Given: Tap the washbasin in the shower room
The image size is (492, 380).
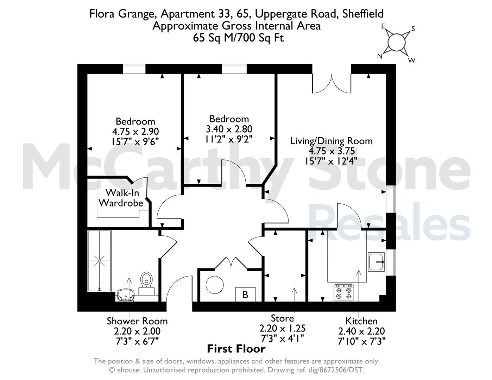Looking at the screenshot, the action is [x=126, y=295].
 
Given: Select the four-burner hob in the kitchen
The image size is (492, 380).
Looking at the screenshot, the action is [x=344, y=292].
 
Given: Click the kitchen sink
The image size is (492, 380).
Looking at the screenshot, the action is [x=376, y=262].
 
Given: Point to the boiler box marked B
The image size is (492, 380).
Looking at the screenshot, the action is [x=245, y=294].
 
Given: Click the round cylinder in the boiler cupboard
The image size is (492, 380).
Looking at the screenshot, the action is [x=215, y=285].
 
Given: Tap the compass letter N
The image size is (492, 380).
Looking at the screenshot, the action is [x=380, y=56].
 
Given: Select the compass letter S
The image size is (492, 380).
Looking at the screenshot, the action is [x=413, y=29].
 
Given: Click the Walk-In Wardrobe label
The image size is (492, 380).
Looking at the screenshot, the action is [x=121, y=198].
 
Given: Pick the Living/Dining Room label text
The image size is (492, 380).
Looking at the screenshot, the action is [x=332, y=141].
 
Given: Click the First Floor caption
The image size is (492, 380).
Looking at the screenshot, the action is [x=236, y=349].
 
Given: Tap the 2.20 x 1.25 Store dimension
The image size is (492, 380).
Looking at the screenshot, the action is [x=282, y=328].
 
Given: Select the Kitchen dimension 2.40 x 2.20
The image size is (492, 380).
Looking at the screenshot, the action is [x=361, y=331].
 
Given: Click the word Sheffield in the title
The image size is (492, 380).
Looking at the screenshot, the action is [x=363, y=14].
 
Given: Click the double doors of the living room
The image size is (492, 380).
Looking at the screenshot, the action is [x=332, y=83].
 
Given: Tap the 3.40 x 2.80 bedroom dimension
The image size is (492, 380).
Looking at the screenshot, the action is [x=229, y=129].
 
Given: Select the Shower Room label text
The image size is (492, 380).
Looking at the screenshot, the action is [x=137, y=321].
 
